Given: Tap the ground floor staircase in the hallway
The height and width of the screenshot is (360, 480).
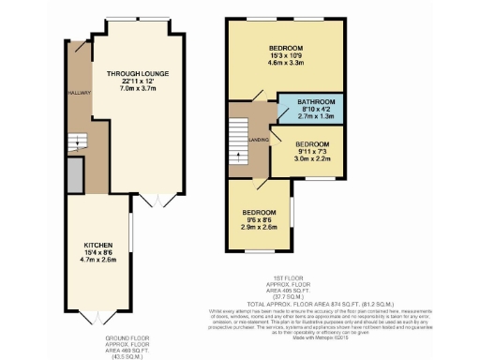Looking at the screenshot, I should [x=76, y=142].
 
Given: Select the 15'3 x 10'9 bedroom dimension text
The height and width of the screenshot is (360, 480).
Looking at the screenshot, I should [x=286, y=54].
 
